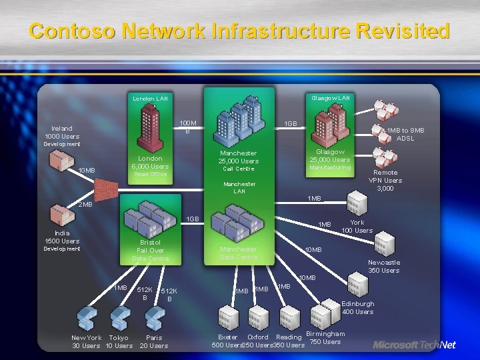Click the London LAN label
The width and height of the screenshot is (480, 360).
coord(150,99)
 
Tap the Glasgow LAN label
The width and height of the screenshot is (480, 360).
coord(330,98)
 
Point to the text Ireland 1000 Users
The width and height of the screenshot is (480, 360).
coord(61,132)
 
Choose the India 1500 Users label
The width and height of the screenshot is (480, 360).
coord(62,237)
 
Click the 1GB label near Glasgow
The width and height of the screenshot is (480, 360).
coord(291,124)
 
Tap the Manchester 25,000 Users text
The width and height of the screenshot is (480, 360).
coord(239,157)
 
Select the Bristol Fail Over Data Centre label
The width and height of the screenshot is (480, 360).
coord(150,250)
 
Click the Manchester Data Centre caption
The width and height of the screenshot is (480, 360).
coord(238,253)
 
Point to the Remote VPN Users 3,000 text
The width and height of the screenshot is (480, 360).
coord(385,180)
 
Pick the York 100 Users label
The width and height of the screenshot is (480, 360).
coord(357,227)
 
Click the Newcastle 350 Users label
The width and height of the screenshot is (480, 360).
coord(384,267)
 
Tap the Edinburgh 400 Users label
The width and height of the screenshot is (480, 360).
coord(357,307)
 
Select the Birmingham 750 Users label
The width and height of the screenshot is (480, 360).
coord(325,337)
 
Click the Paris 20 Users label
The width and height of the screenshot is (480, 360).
coord(154,341)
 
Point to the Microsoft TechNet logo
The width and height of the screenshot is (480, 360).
coord(414,345)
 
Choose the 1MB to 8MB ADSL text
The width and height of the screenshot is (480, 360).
coord(405,134)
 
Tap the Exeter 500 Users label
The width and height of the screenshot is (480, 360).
coord(227,341)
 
